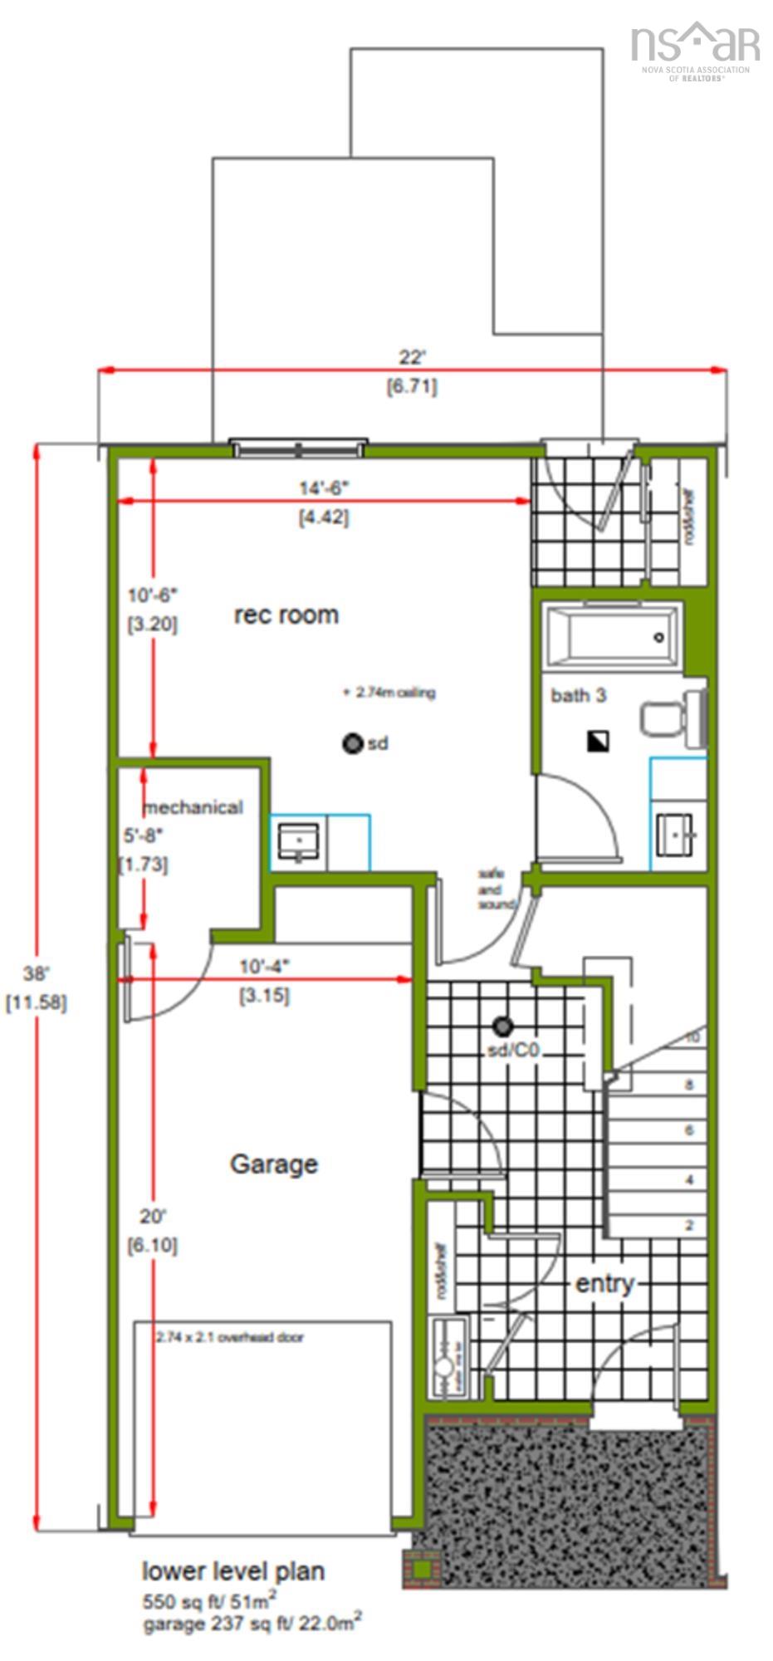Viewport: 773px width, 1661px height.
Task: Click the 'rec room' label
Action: [286, 615]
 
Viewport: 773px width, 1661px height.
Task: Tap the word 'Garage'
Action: [273, 1164]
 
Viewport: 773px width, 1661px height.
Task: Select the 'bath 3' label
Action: [579, 695]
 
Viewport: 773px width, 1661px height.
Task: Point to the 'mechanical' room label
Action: [193, 807]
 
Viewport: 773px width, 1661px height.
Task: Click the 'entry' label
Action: [604, 1283]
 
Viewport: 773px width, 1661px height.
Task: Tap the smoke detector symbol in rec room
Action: [353, 743]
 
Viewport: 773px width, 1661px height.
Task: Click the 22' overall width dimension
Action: [412, 358]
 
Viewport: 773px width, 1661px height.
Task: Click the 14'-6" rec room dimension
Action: [324, 488]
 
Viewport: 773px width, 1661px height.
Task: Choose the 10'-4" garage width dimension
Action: [264, 967]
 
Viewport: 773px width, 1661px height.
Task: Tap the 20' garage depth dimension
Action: [153, 1217]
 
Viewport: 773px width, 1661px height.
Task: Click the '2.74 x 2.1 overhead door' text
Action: [230, 1337]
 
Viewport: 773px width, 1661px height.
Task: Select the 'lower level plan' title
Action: [232, 1571]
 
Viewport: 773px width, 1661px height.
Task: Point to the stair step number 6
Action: [689, 1130]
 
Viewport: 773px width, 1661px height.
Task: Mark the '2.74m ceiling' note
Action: [390, 693]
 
